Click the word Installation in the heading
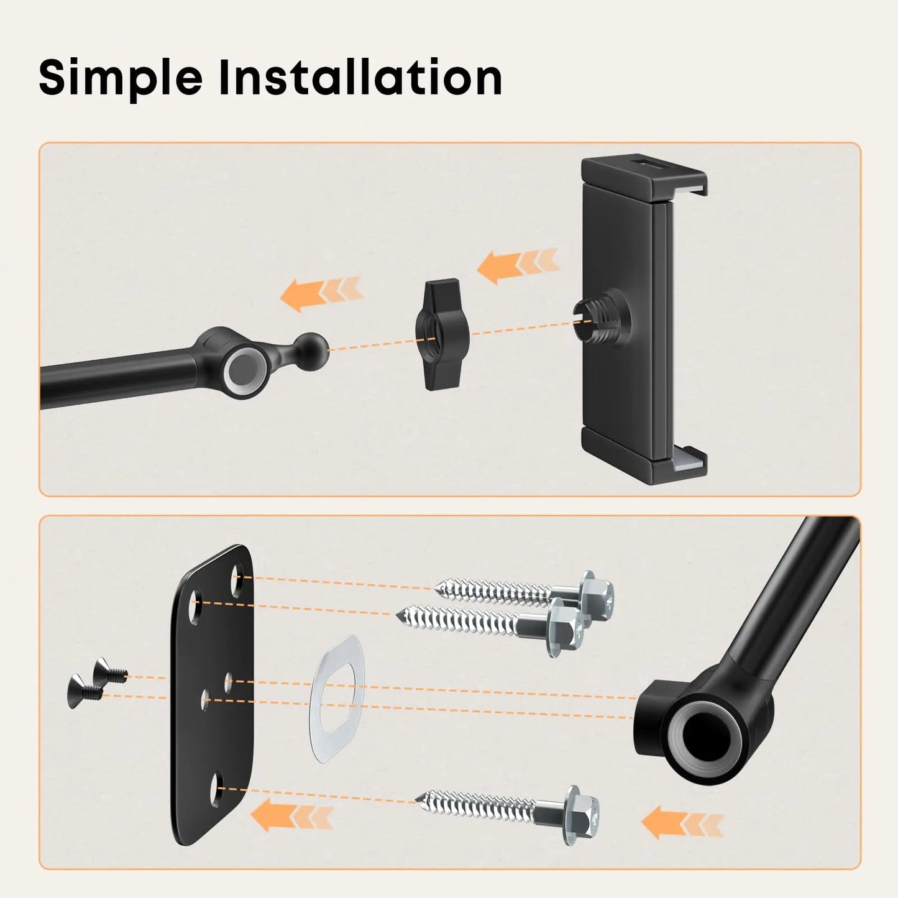360,76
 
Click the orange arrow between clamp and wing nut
518,265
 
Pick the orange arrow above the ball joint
321,293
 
